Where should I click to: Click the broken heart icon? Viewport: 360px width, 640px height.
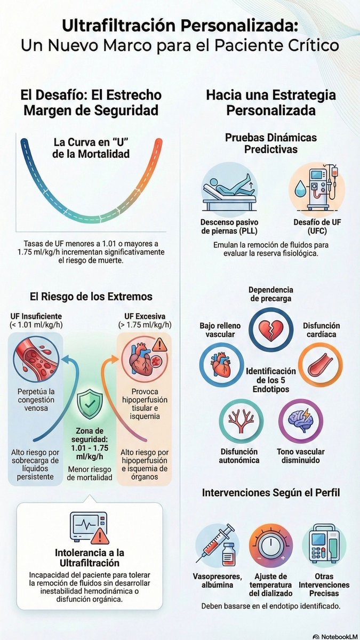(270, 330)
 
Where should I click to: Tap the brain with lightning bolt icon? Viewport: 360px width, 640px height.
(301, 421)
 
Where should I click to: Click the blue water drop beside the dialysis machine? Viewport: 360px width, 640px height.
(300, 188)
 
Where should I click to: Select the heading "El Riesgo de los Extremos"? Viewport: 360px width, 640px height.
(91, 297)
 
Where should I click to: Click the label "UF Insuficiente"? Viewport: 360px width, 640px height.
(36, 316)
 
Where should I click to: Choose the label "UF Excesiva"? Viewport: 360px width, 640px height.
(145, 316)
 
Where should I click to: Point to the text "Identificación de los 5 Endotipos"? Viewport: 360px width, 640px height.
(271, 380)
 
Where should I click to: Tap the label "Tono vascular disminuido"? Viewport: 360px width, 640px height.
(301, 455)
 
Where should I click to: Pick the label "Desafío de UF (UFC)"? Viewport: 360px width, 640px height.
(317, 226)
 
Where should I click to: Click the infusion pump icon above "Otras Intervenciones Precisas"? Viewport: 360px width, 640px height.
(324, 543)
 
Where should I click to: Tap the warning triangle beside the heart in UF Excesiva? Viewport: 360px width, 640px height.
(159, 345)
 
